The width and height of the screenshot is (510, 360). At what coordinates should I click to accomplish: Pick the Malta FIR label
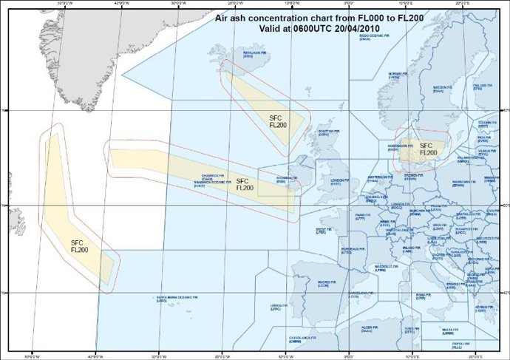click(450, 329)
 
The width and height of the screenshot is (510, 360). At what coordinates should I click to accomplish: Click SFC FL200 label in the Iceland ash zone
click(276, 121)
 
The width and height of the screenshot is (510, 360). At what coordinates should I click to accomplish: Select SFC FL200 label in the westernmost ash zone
click(80, 245)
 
